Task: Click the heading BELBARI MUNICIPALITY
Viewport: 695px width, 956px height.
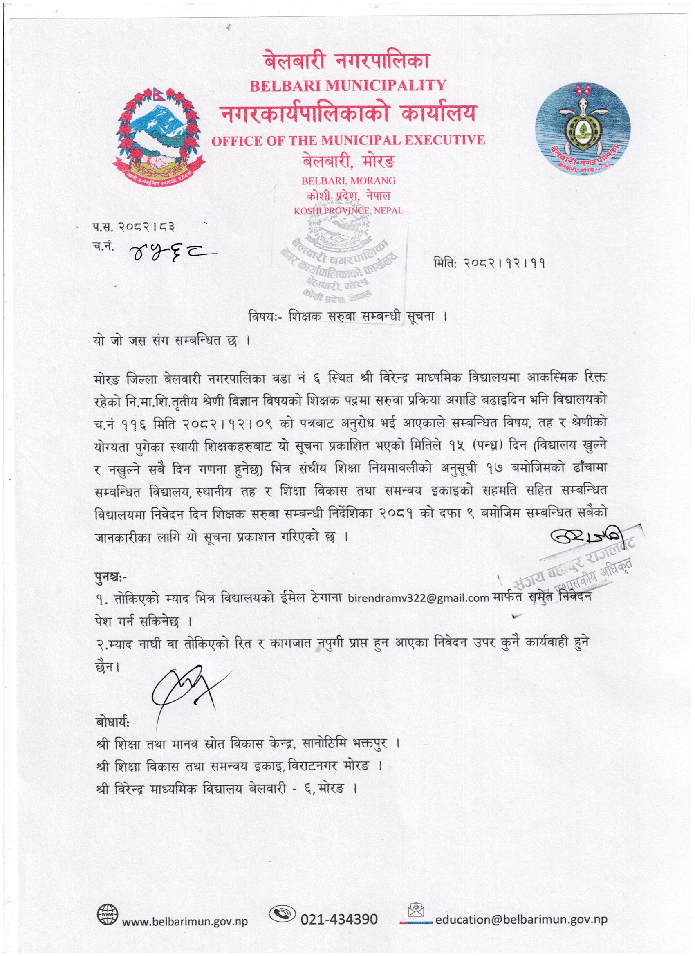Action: coord(348,85)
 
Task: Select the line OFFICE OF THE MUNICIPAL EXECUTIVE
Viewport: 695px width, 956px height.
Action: coord(348,140)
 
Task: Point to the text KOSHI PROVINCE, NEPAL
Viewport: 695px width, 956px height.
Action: coord(349,210)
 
